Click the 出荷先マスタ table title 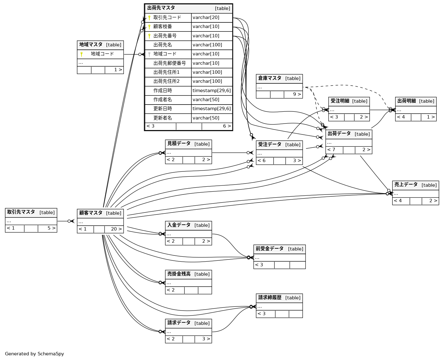point(161,8)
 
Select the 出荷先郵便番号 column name point(170,63)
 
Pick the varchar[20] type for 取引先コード point(206,18)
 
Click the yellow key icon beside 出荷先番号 point(149,36)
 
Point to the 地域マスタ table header point(91,45)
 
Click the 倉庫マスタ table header point(270,78)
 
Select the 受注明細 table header point(340,101)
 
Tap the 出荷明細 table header point(407,101)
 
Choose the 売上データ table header point(406,185)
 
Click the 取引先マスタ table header point(21,212)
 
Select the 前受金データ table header point(270,249)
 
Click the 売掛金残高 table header point(179,274)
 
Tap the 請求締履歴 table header point(270,298)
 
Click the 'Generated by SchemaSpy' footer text point(35,354)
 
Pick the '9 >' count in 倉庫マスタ point(297,94)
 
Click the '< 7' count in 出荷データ point(331,150)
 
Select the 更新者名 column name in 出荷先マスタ point(163,118)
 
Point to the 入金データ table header point(179,225)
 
